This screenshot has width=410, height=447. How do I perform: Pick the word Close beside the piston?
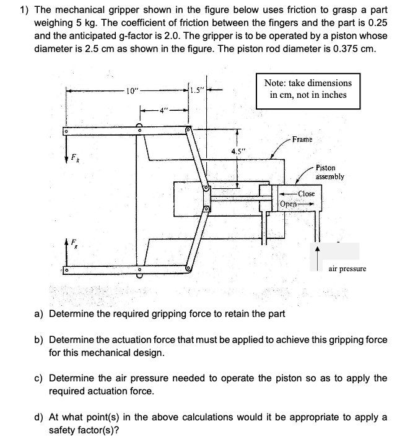pyautogui.click(x=306, y=194)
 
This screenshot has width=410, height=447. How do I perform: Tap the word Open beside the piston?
pyautogui.click(x=289, y=204)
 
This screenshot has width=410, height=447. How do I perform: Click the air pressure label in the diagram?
pyautogui.click(x=347, y=269)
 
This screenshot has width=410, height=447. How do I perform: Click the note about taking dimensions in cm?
pyautogui.click(x=308, y=89)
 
